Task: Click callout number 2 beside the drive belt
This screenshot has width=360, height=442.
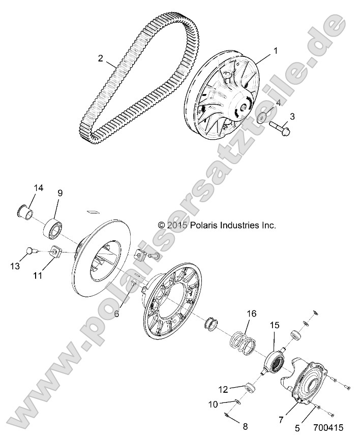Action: point(101,58)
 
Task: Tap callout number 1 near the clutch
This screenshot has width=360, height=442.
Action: point(276,51)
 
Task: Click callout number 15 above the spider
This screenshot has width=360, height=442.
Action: point(275,325)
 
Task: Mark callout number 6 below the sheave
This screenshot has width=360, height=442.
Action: point(116,313)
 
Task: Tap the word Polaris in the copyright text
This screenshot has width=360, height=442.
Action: point(204,225)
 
